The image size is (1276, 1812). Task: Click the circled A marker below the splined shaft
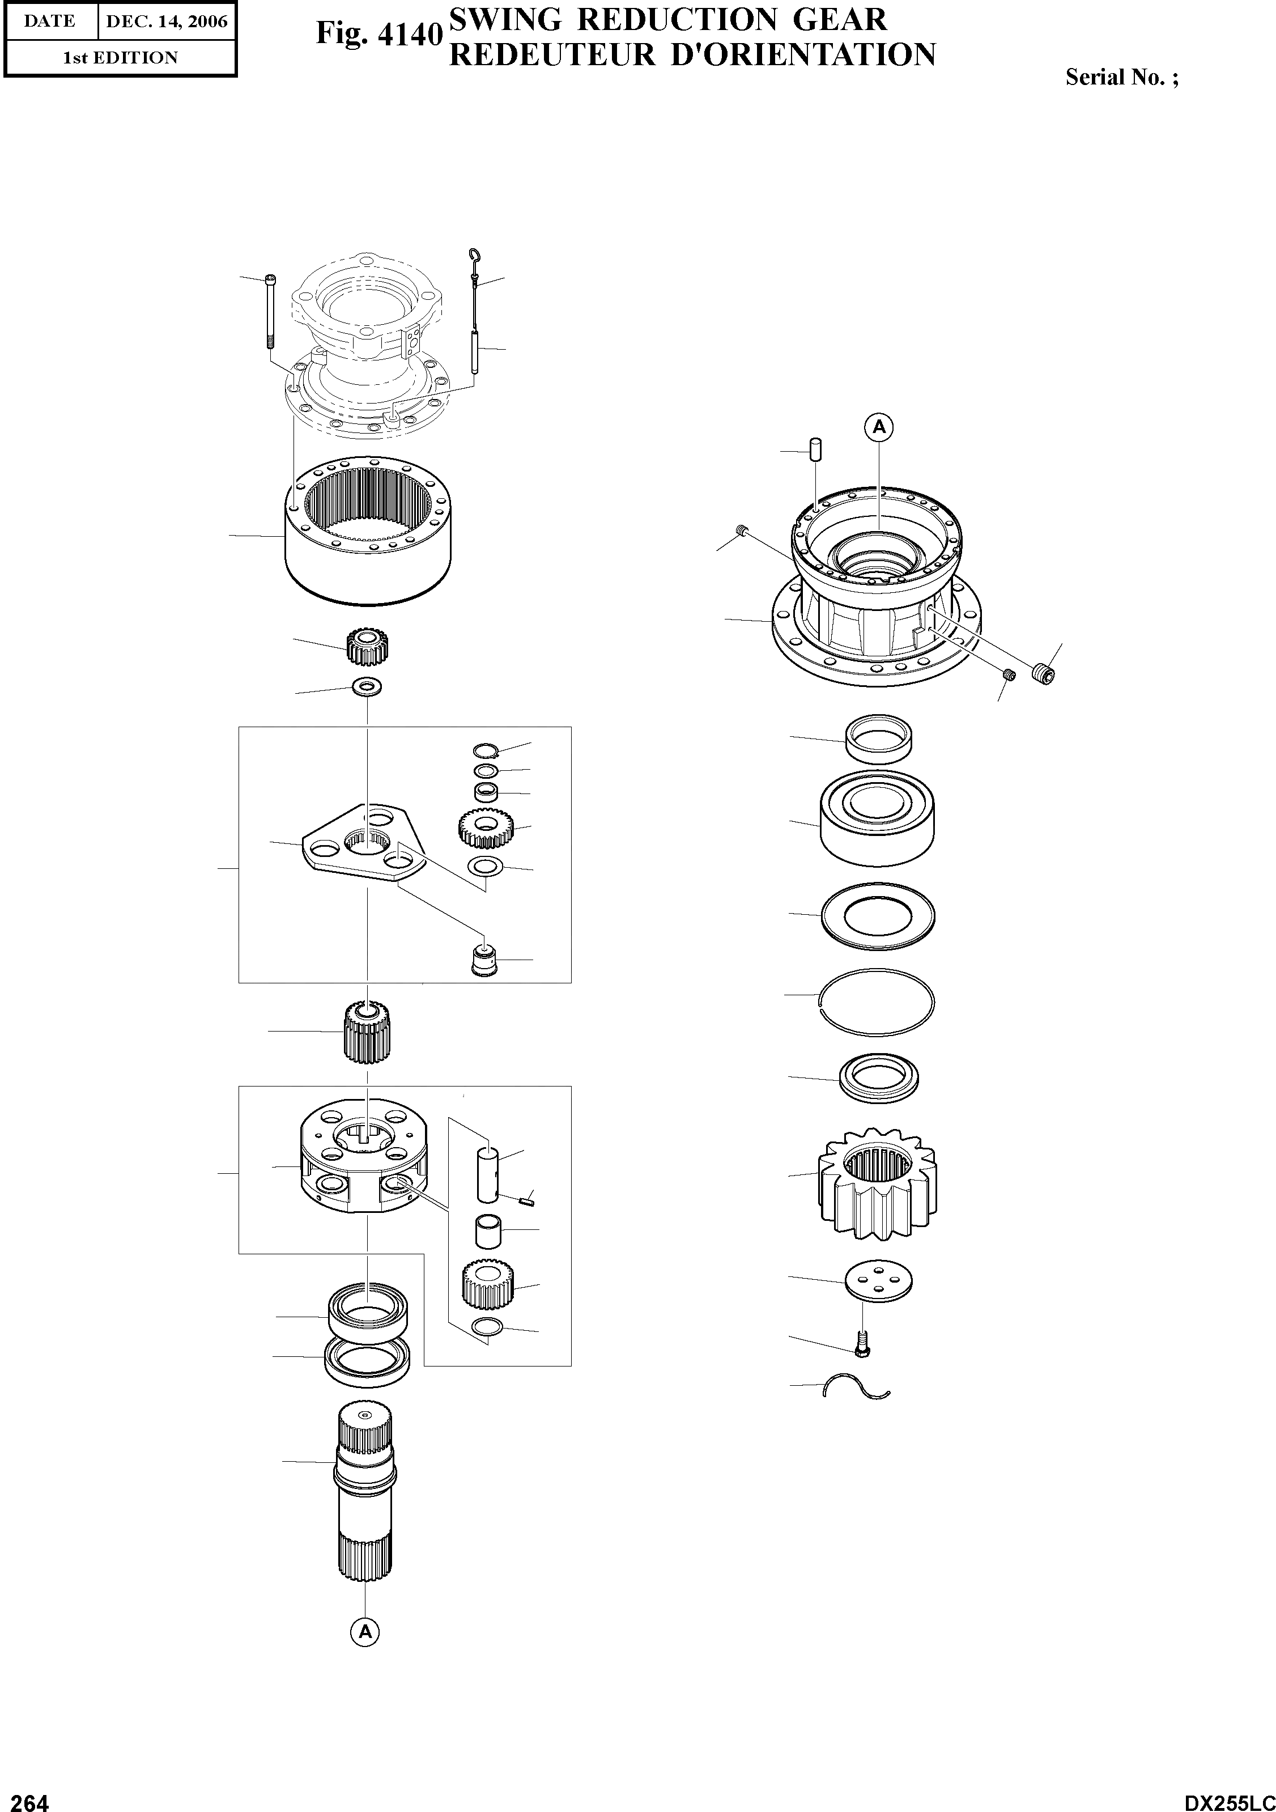click(x=364, y=1631)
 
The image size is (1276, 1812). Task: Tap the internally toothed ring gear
click(x=368, y=528)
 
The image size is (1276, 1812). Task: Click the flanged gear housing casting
click(x=876, y=592)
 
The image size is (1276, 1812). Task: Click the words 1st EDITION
click(x=120, y=58)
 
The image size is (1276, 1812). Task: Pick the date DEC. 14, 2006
click(x=167, y=22)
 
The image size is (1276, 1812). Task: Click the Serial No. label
click(x=1121, y=77)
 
